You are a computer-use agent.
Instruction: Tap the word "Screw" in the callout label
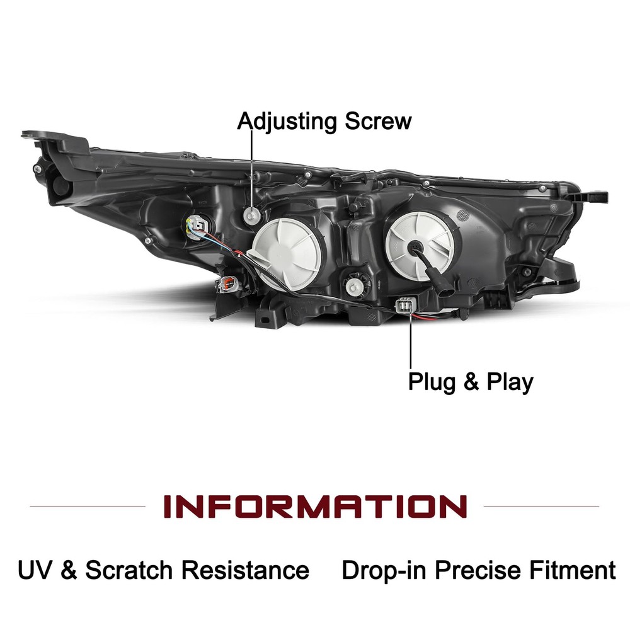point(378,121)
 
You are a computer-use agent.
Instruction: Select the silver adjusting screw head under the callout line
point(253,215)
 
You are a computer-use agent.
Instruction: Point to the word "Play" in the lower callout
point(510,382)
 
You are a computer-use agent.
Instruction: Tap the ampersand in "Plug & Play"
point(471,382)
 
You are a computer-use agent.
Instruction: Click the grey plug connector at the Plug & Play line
point(404,305)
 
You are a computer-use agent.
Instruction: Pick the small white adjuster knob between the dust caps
point(353,286)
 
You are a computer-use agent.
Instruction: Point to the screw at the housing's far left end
point(37,169)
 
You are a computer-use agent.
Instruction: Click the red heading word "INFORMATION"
point(315,507)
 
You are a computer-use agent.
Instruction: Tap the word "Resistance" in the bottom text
point(245,570)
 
